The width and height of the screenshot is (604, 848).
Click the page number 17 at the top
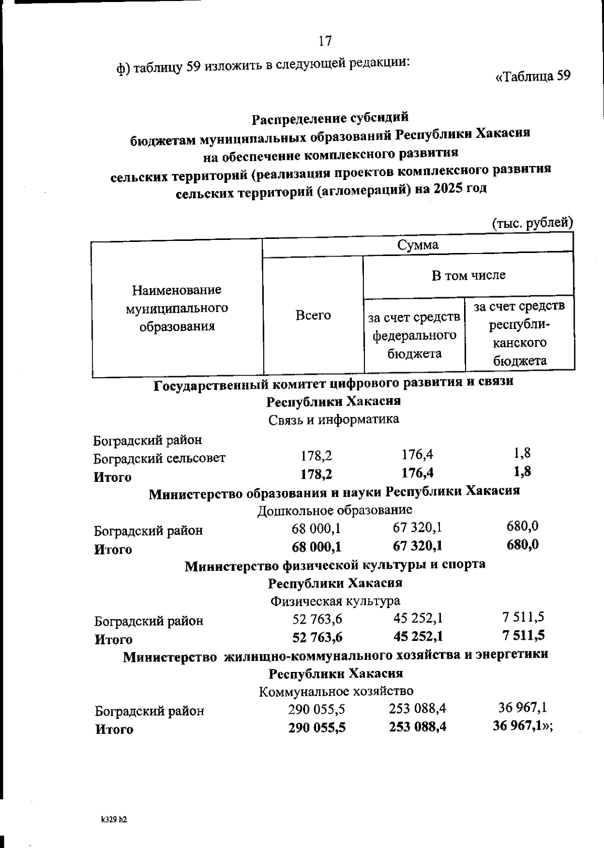(325, 41)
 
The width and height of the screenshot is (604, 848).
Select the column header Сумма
(417, 245)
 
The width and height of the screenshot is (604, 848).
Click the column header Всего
(313, 315)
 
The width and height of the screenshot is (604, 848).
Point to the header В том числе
(468, 275)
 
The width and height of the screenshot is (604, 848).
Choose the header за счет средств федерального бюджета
(414, 335)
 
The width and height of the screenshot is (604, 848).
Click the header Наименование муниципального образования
(177, 308)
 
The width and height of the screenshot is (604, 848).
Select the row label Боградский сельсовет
(160, 458)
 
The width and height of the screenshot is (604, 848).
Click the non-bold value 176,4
(417, 455)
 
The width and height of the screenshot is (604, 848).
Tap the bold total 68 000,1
(316, 547)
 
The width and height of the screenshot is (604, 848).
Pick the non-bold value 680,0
(522, 526)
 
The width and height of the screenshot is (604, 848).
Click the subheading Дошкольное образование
(334, 510)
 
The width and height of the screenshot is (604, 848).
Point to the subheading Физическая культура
(335, 601)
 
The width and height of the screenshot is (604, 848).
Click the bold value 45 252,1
(418, 636)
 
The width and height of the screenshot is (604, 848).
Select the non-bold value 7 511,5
(523, 617)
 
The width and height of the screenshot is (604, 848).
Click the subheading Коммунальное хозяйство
(336, 691)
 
